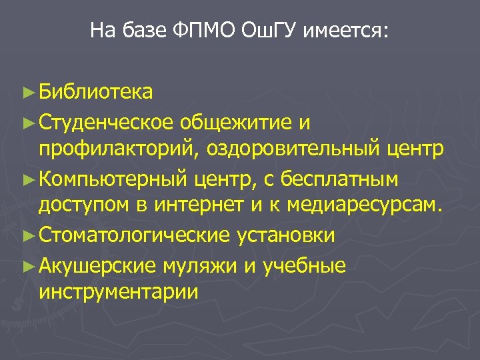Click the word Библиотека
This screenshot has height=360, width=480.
[96, 91]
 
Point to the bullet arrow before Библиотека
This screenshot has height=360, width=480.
[27, 92]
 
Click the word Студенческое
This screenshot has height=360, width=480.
[107, 121]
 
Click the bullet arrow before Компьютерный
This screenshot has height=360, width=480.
[27, 179]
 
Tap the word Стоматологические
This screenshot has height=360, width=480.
[133, 235]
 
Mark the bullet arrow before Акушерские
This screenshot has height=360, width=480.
[27, 265]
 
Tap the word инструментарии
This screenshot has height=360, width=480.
[118, 293]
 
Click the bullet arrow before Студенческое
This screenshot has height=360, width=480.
[27, 122]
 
